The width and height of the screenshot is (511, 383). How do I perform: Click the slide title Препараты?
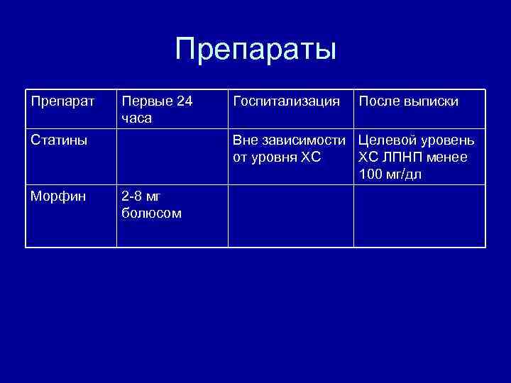[255, 50]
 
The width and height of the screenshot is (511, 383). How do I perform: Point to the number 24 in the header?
[183, 101]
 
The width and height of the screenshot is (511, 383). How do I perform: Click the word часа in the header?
[137, 118]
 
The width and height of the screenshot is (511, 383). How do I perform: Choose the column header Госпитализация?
[286, 101]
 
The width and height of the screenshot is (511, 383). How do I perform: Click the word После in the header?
[380, 101]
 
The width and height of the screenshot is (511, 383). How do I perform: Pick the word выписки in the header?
[432, 101]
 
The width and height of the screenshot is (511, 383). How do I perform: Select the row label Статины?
[59, 140]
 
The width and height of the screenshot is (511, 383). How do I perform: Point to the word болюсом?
[151, 213]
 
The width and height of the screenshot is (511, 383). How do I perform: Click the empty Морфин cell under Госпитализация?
[290, 216]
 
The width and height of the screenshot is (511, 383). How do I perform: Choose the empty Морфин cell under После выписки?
[419, 216]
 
